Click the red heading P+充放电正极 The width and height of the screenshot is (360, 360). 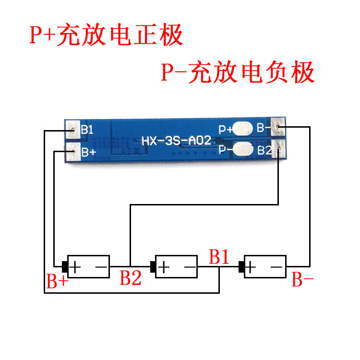[106, 36]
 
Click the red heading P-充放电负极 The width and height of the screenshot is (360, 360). [238, 73]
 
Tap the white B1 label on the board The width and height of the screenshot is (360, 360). [87, 130]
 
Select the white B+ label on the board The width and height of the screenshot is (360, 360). [88, 153]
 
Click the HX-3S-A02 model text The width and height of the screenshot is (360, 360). [176, 141]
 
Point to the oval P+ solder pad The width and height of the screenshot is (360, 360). [244, 129]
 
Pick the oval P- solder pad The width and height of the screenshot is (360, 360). [244, 149]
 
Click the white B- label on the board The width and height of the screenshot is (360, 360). [264, 128]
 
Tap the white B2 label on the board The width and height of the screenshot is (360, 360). [264, 150]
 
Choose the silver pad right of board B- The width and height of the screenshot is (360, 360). [279, 127]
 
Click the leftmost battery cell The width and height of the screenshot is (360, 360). [88, 266]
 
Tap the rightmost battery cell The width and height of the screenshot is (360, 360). [265, 266]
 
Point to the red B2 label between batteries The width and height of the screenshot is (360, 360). [131, 278]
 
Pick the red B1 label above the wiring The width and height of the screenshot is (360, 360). [219, 257]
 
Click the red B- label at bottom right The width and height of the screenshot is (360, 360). [303, 280]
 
